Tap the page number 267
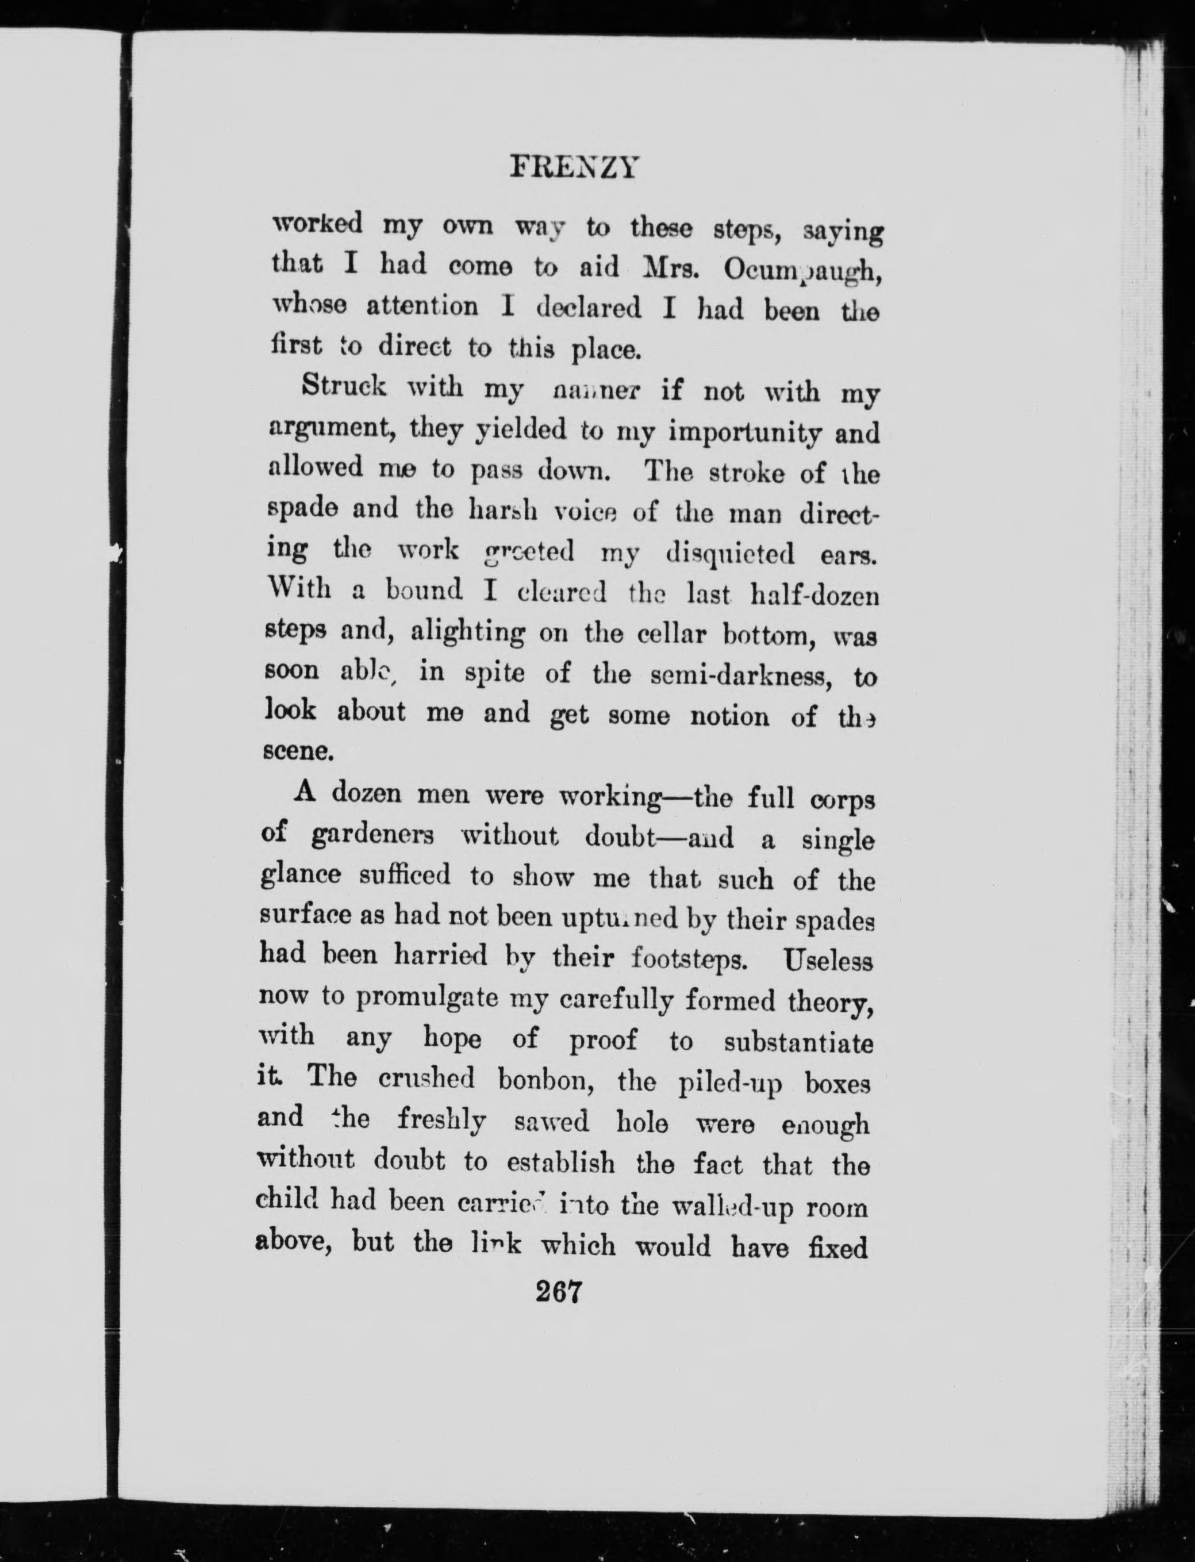(x=559, y=1291)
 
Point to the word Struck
(x=344, y=386)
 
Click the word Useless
(x=827, y=962)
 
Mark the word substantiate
(x=798, y=1043)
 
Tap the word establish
(x=561, y=1162)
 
